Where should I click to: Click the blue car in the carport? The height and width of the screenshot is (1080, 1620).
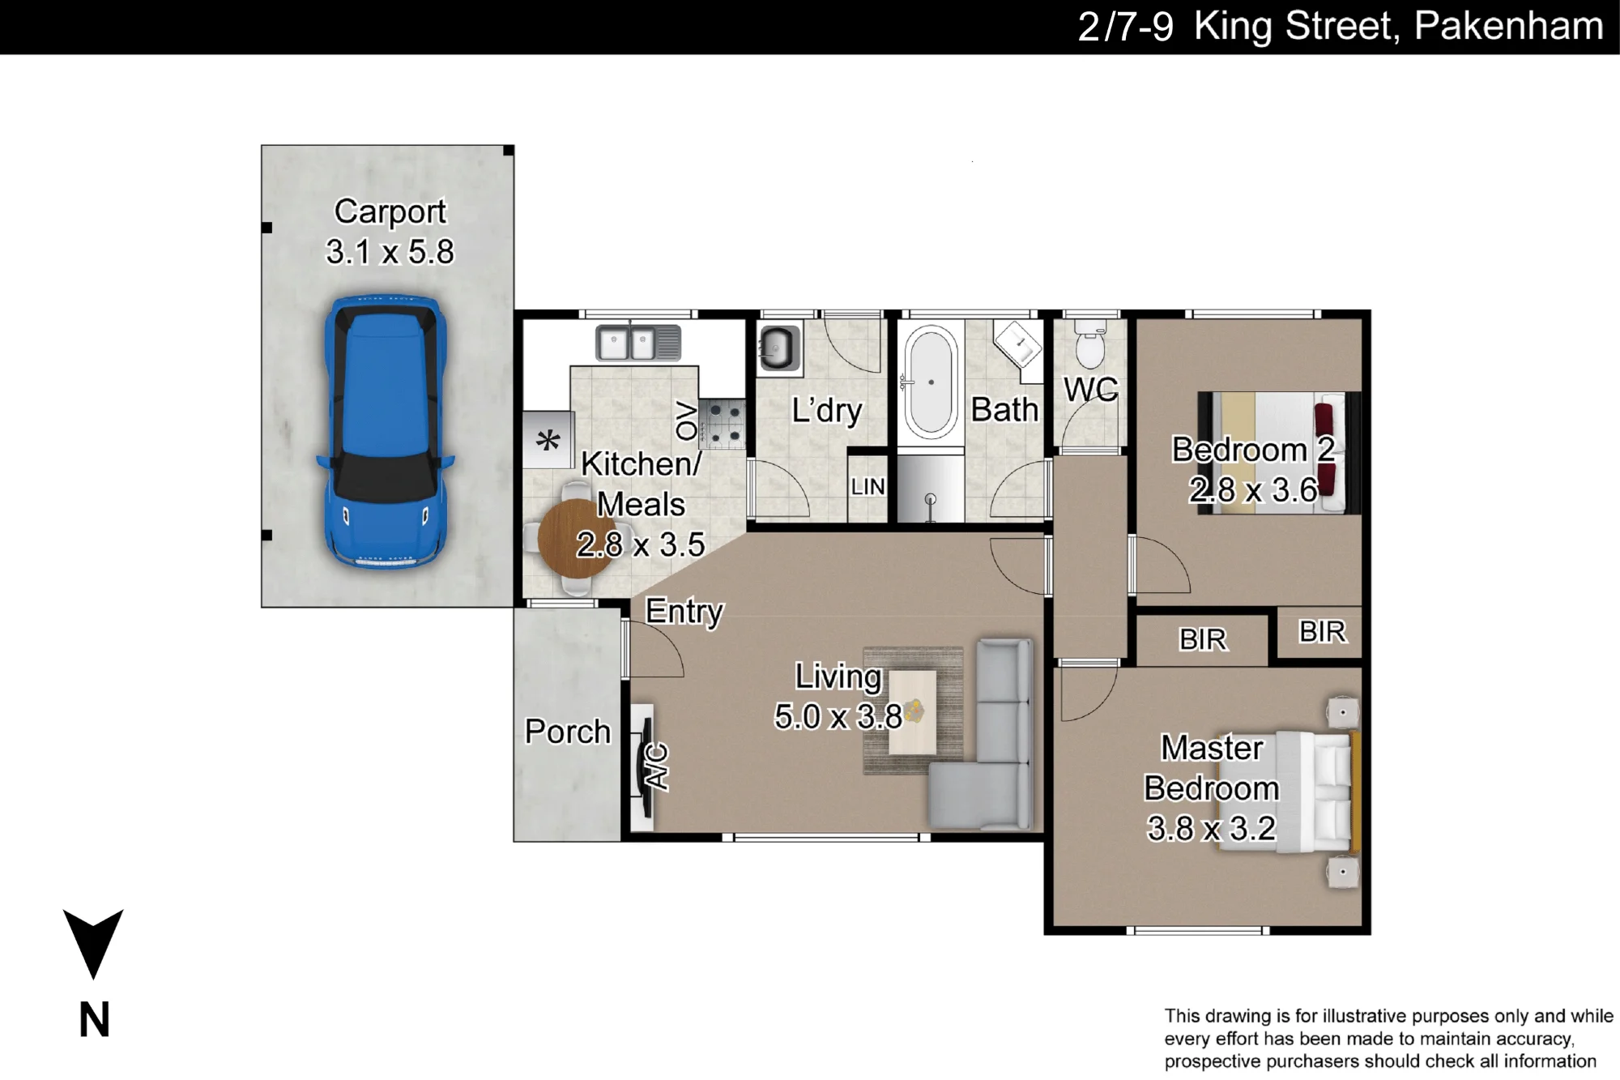[x=386, y=432]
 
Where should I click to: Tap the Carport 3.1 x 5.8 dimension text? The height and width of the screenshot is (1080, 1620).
[x=390, y=251]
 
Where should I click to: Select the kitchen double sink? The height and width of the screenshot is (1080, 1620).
[x=638, y=343]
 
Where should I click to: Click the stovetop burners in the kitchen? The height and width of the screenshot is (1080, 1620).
[x=723, y=424]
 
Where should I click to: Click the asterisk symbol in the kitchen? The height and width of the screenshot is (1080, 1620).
[x=548, y=442]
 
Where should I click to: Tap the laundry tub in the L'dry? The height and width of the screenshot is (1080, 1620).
[x=779, y=348]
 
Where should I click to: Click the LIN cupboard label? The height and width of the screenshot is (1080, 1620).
[x=868, y=487]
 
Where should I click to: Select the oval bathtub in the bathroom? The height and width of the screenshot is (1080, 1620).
[x=931, y=382]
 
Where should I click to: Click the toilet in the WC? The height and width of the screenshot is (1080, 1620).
[x=1089, y=344]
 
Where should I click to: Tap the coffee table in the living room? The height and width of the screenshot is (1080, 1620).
[x=913, y=711]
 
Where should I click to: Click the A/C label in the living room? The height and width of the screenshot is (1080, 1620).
[x=657, y=766]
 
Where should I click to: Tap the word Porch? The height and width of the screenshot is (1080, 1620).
[x=568, y=732]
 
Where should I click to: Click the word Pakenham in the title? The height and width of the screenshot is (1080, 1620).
[x=1509, y=26]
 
